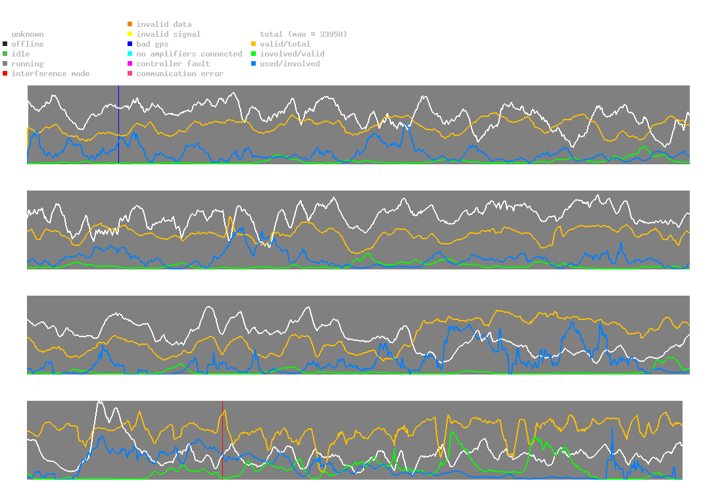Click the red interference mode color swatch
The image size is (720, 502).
click(x=5, y=74)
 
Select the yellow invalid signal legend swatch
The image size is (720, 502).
click(x=130, y=34)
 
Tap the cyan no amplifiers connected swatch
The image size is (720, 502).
click(x=130, y=54)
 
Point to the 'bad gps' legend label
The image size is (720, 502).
click(x=153, y=44)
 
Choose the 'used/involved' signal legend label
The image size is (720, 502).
click(x=290, y=64)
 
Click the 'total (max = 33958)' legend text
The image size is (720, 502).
click(x=303, y=34)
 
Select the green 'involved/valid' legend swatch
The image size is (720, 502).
click(x=254, y=54)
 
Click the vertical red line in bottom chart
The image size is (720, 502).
click(x=222, y=440)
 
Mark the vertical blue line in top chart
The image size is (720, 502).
click(x=118, y=125)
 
